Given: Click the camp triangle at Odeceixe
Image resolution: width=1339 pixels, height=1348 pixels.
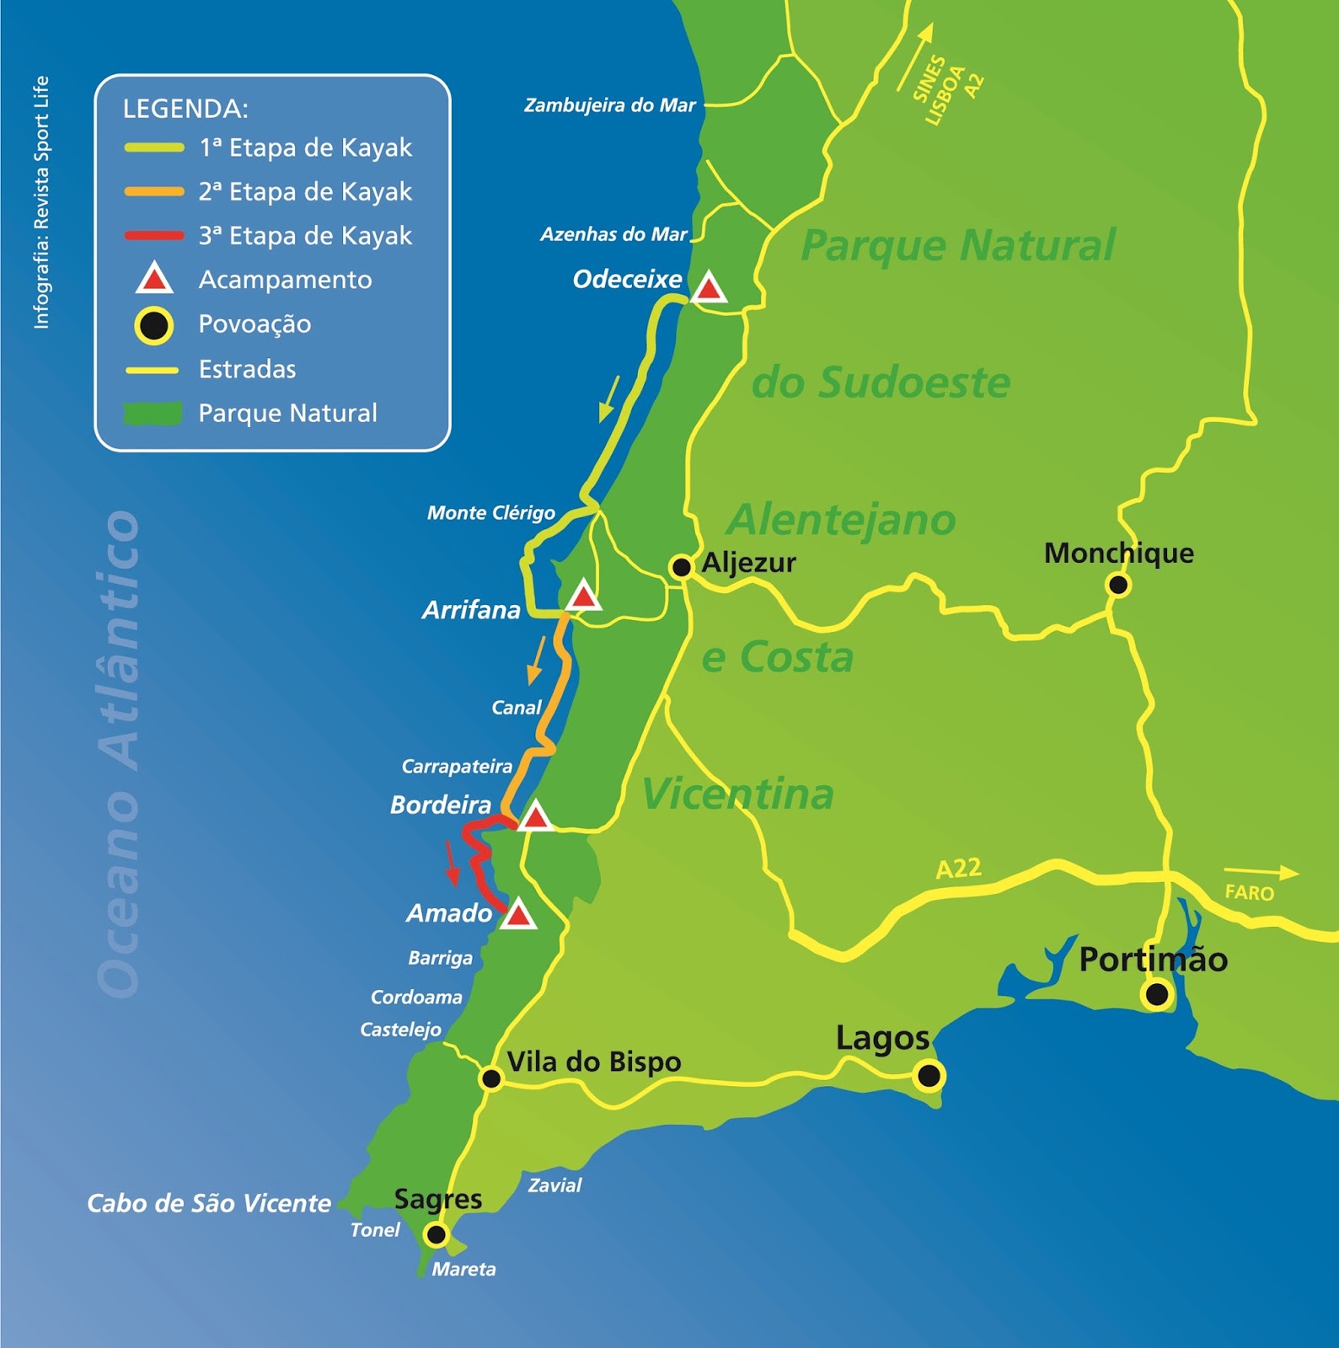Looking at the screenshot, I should point(709,289).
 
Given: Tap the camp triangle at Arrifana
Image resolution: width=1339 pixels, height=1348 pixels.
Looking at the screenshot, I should point(582,596).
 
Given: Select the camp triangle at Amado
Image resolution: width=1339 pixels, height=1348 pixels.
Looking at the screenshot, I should point(518,915).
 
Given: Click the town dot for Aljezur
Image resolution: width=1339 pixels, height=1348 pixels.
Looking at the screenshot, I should point(681,567).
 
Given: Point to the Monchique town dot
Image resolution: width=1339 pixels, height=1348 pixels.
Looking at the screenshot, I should point(1117,585).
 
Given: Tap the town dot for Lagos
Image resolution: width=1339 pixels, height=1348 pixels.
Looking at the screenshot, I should point(929,1076).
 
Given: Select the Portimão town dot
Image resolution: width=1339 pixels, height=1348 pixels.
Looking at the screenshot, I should point(1157,995).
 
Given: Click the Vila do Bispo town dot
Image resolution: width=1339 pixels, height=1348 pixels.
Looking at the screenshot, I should point(490,1078).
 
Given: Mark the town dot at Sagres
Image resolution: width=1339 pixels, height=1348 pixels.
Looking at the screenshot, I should point(436,1235).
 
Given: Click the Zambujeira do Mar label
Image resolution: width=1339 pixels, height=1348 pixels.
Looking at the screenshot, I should point(609,105).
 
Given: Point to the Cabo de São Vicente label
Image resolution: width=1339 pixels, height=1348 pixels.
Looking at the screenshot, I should point(209,1203).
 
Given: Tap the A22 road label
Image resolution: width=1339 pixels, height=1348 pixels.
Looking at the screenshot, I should point(959,868).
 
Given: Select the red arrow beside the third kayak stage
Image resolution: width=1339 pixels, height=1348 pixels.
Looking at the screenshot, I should point(451,864).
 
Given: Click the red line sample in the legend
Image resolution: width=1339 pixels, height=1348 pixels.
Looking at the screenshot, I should point(154,236).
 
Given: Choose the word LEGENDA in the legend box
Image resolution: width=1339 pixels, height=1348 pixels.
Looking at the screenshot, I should point(185,109).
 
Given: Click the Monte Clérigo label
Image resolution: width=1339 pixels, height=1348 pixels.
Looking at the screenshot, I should point(490,513).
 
